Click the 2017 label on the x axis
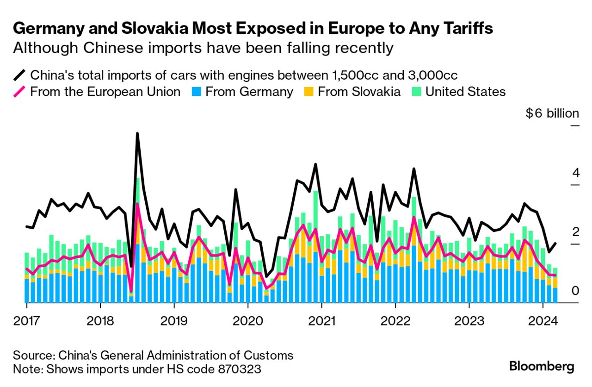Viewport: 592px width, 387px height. (26, 321)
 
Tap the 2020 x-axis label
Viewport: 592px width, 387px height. (247, 321)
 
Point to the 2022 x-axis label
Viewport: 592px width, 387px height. (395, 321)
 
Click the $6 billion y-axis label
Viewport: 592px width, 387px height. (552, 113)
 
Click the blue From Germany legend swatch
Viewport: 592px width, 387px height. (194, 92)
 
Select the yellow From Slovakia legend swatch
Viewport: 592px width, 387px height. (307, 92)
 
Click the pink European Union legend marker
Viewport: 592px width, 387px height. (19, 92)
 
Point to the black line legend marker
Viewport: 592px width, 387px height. (19, 75)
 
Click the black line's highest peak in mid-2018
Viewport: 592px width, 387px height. (137, 134)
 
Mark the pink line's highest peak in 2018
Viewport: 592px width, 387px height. (137, 204)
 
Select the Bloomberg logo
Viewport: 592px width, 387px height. (542, 367)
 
